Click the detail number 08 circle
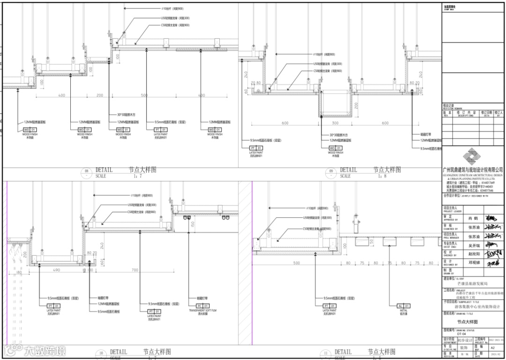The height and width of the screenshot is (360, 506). click(x=86, y=172)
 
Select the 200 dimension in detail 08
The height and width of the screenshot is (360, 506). click(x=100, y=95)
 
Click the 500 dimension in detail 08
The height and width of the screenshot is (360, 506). click(x=143, y=95)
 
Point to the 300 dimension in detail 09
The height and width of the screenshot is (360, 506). click(x=335, y=123)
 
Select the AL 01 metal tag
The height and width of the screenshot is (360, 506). click(x=403, y=306)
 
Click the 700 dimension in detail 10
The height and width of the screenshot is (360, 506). click(x=135, y=270)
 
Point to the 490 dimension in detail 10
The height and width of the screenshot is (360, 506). click(x=56, y=270)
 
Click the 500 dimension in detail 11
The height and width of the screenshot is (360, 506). click(x=296, y=263)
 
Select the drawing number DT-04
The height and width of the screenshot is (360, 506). click(x=462, y=334)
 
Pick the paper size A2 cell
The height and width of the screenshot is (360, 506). click(x=492, y=348)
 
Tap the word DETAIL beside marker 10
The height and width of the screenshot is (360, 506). click(x=119, y=352)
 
